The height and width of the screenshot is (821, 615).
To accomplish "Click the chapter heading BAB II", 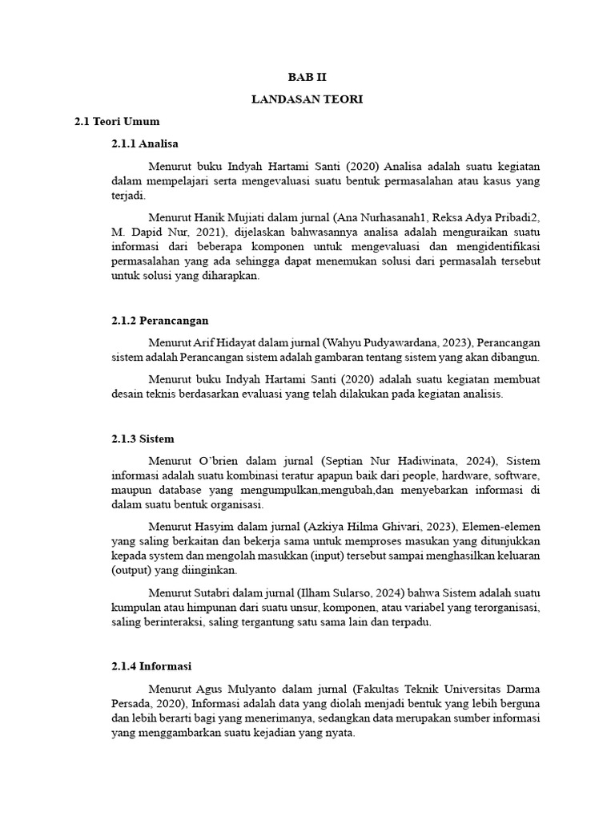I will point(307,78).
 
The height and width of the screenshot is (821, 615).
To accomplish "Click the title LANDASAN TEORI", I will point(307,99).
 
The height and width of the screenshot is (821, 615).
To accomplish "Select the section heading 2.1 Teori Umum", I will point(117,122).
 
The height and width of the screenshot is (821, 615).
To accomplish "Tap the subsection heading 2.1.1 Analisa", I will point(145,144).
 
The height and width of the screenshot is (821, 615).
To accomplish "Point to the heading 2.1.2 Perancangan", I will point(160,321).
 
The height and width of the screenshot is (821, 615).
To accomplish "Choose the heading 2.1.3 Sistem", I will point(143,439).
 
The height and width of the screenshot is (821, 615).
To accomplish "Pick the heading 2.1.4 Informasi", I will point(152,666).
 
